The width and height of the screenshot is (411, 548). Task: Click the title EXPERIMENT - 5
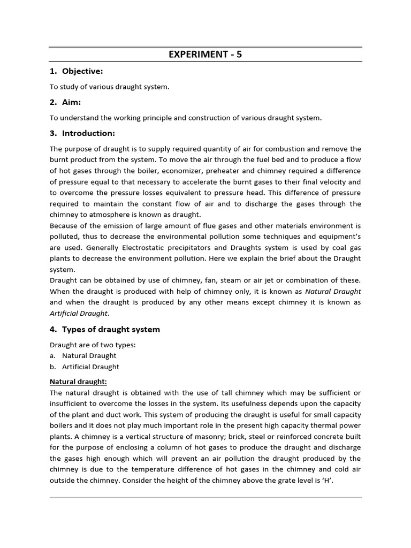tap(205, 54)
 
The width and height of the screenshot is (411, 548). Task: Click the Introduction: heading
tap(88, 133)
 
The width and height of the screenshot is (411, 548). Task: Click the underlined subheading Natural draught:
tap(78, 382)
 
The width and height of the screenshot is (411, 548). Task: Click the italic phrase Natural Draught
tap(333, 292)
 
